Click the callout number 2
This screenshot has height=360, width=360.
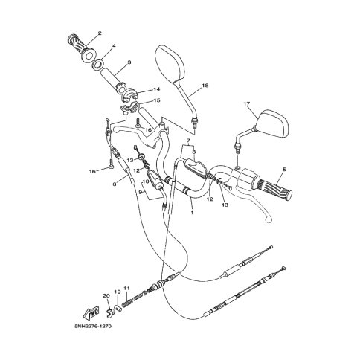100,33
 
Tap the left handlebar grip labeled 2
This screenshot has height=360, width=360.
82,48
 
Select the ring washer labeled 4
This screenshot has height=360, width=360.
98,64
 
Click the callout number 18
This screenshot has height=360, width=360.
205,86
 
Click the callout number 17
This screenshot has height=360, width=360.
247,103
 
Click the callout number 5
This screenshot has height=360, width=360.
284,170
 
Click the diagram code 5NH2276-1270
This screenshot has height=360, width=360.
93,326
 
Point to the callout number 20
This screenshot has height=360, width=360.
106,295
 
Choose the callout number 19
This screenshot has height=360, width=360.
117,292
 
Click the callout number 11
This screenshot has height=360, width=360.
127,288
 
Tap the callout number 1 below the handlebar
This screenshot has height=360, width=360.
192,213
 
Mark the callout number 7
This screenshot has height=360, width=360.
188,141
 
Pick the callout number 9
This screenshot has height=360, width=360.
141,192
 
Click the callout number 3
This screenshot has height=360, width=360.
129,62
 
